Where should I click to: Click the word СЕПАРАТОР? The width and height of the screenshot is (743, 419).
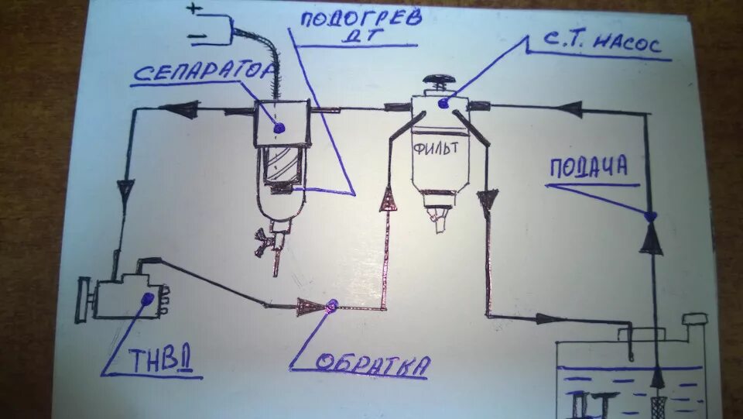(203, 73)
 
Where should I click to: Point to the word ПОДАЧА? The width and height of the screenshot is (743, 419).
(588, 168)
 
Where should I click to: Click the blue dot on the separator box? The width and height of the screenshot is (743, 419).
(279, 126)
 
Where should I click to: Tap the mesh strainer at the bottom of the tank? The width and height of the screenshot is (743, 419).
(658, 404)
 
